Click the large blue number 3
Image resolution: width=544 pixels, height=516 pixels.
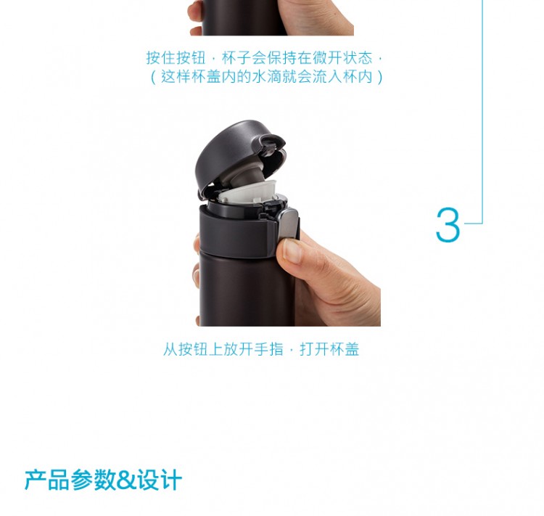[448, 225]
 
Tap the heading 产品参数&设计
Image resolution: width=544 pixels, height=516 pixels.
[104, 480]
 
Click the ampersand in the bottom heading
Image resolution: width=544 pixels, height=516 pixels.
[127, 480]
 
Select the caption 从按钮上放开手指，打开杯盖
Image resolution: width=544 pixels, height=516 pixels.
[261, 349]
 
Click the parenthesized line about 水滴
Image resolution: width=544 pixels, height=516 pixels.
[266, 77]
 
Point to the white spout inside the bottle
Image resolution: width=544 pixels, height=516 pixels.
[247, 192]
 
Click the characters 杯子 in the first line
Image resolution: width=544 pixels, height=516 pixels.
[236, 58]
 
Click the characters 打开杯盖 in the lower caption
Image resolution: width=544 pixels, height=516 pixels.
[329, 349]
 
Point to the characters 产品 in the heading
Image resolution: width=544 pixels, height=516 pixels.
[47, 480]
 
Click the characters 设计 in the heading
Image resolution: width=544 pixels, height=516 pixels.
[160, 480]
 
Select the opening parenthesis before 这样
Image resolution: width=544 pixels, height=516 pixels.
[153, 77]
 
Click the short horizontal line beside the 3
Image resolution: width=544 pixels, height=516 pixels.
[473, 224]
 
